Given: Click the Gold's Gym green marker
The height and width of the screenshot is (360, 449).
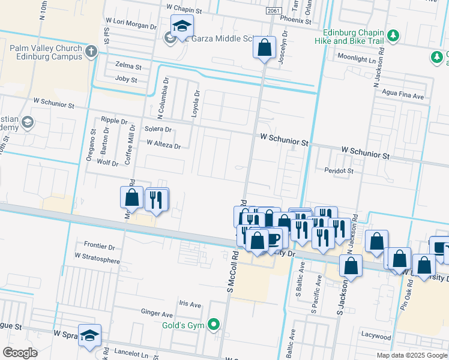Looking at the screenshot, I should click(214, 326).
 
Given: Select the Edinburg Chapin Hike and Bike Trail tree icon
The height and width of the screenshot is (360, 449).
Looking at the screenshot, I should click(393, 36).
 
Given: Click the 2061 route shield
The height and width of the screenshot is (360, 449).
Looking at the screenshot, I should click(273, 11).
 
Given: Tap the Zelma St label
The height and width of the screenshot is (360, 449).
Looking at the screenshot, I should click(129, 67).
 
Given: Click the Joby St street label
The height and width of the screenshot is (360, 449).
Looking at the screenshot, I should click(126, 80).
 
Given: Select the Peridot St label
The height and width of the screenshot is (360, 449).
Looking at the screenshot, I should click(340, 171).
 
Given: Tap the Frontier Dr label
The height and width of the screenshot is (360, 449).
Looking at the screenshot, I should click(100, 246).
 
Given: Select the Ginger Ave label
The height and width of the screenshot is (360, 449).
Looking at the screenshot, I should click(157, 313).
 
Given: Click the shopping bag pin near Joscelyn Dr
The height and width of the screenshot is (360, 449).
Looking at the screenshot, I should click(264, 47).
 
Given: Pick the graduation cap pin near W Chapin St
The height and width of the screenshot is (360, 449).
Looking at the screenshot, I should click(181, 27).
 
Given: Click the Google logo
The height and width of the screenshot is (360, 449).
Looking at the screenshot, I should click(20, 353).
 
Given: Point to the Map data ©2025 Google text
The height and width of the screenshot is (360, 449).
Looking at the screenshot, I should click(411, 355).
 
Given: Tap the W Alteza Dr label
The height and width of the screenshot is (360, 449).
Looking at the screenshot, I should click(163, 145).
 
